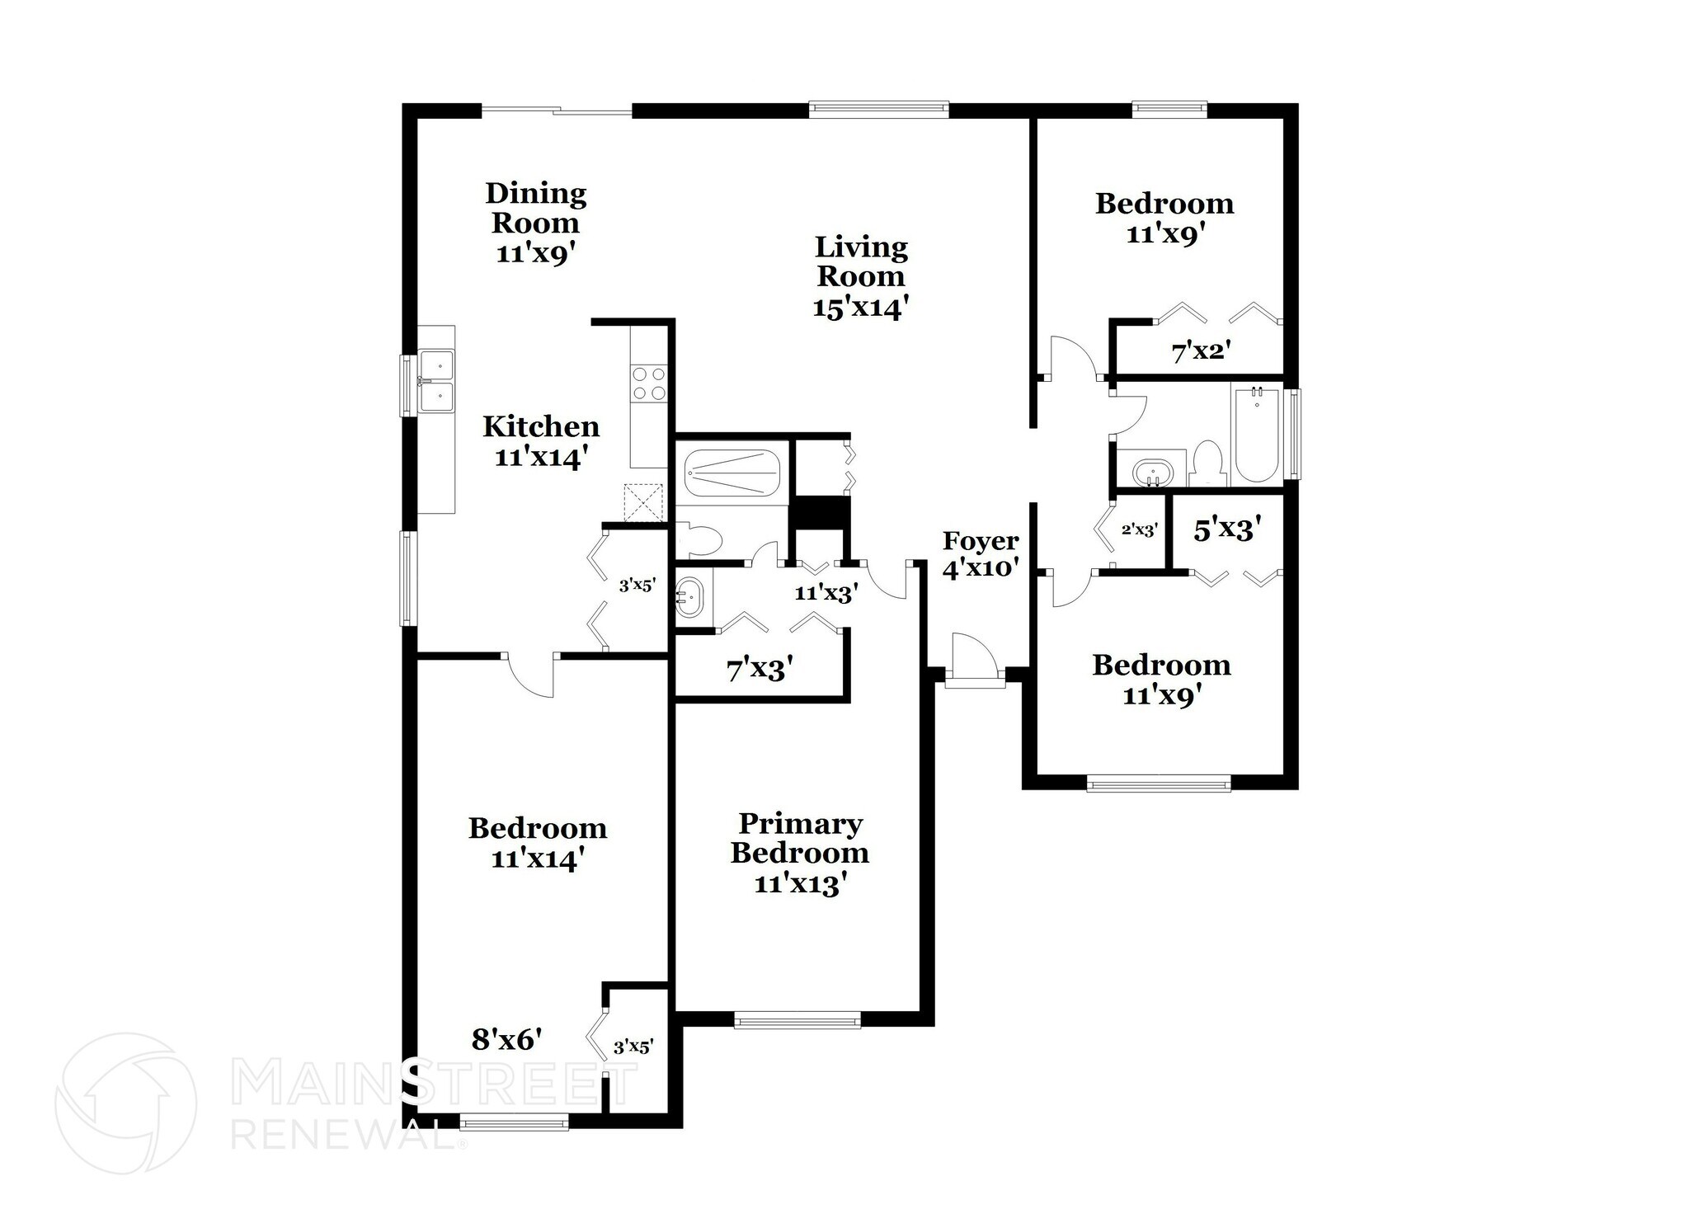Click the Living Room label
pos(860,276)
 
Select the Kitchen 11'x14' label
pos(541,441)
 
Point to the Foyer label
pos(981,554)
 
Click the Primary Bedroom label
pos(799,853)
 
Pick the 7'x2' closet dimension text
pos(1201,352)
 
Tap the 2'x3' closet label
pos(1140,530)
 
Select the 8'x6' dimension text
pos(506,1040)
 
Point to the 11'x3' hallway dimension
pos(826,592)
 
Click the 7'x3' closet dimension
pos(760,670)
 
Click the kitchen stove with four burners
pos(649,383)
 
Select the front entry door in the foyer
pos(975,660)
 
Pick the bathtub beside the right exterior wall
pos(1255,435)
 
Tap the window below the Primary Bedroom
pos(797,1021)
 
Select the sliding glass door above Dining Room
pos(557,110)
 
